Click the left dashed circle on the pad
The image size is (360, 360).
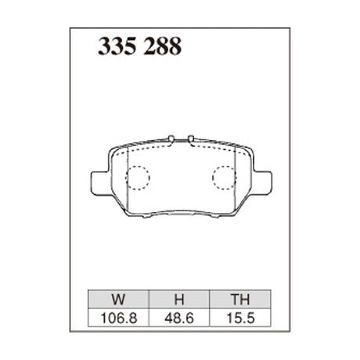(x=139, y=179)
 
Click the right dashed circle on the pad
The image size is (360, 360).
(x=225, y=179)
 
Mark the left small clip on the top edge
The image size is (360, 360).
(x=171, y=139)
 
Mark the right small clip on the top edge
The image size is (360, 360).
(x=189, y=139)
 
